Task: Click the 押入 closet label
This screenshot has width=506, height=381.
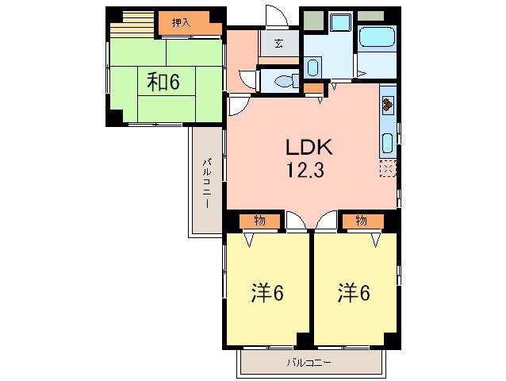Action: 182,23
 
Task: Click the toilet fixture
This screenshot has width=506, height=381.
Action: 282,79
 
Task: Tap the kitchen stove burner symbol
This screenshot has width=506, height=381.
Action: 387,103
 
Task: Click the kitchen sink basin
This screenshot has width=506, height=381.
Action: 387,143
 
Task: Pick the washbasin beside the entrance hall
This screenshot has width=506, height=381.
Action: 312,66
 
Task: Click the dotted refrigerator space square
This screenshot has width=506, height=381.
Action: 387,168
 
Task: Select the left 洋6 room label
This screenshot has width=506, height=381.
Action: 267,293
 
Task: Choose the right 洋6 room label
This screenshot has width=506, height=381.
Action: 355,293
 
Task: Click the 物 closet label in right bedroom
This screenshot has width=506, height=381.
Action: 361,221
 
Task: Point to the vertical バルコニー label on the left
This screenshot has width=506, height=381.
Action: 205,183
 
